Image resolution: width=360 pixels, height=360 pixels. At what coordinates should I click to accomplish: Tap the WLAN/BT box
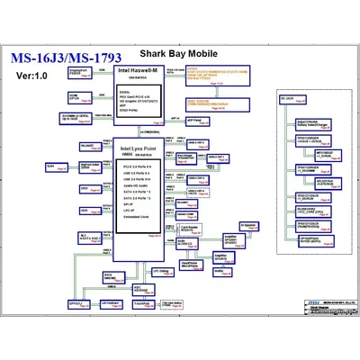tap(87, 146)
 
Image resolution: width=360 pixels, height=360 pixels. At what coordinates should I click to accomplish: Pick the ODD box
tap(84, 189)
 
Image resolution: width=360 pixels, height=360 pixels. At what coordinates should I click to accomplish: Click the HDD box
tap(84, 211)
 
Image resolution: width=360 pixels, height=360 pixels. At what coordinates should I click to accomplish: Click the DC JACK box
tap(289, 96)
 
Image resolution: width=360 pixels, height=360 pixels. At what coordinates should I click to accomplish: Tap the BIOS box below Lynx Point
tap(108, 275)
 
